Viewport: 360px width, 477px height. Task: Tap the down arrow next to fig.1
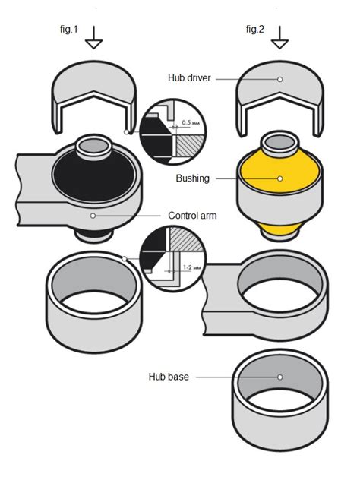94,36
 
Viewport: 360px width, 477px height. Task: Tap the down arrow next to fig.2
282,36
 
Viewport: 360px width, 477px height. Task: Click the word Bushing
193,178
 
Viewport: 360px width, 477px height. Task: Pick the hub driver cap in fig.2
280,87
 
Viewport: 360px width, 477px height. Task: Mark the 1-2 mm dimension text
192,267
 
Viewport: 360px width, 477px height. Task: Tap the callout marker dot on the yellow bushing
280,178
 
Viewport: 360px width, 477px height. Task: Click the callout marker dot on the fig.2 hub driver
280,78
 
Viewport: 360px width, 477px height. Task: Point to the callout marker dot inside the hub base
280,376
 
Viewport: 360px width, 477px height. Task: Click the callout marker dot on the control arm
92,216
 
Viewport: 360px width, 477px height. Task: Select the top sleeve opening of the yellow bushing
280,141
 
